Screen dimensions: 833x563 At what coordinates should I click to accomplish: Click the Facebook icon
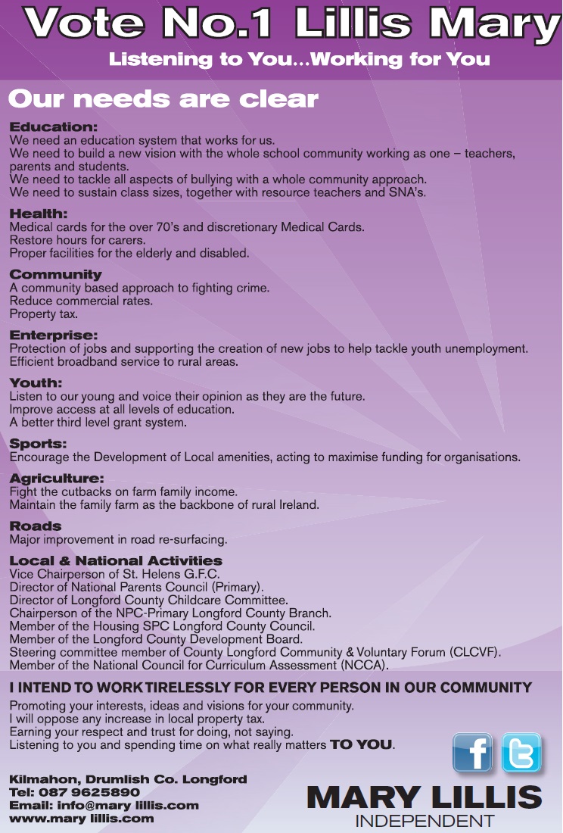tap(472, 753)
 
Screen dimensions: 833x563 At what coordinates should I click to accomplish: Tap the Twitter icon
tap(521, 753)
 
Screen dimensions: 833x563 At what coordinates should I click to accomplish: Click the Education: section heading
tap(53, 126)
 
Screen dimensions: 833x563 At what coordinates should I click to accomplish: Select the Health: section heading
tap(39, 214)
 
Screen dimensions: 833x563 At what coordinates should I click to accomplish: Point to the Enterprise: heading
tap(53, 335)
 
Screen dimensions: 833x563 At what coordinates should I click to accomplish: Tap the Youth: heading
tap(36, 383)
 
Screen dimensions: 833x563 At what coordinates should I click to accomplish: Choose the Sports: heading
tap(38, 444)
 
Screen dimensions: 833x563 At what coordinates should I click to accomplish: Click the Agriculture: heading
tap(57, 479)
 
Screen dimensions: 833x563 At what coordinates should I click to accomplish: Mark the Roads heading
tap(36, 526)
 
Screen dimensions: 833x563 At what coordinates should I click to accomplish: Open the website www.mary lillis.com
tap(81, 818)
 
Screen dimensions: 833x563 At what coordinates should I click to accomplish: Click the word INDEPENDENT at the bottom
tap(425, 821)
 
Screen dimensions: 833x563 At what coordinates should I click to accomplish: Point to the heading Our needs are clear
tap(163, 99)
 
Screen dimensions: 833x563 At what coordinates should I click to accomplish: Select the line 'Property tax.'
tap(43, 314)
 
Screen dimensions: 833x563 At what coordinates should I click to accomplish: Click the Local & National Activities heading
tap(116, 561)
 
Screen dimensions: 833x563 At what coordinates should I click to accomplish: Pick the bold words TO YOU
tap(361, 744)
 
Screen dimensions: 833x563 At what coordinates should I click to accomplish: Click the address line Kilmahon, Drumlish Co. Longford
tap(128, 779)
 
